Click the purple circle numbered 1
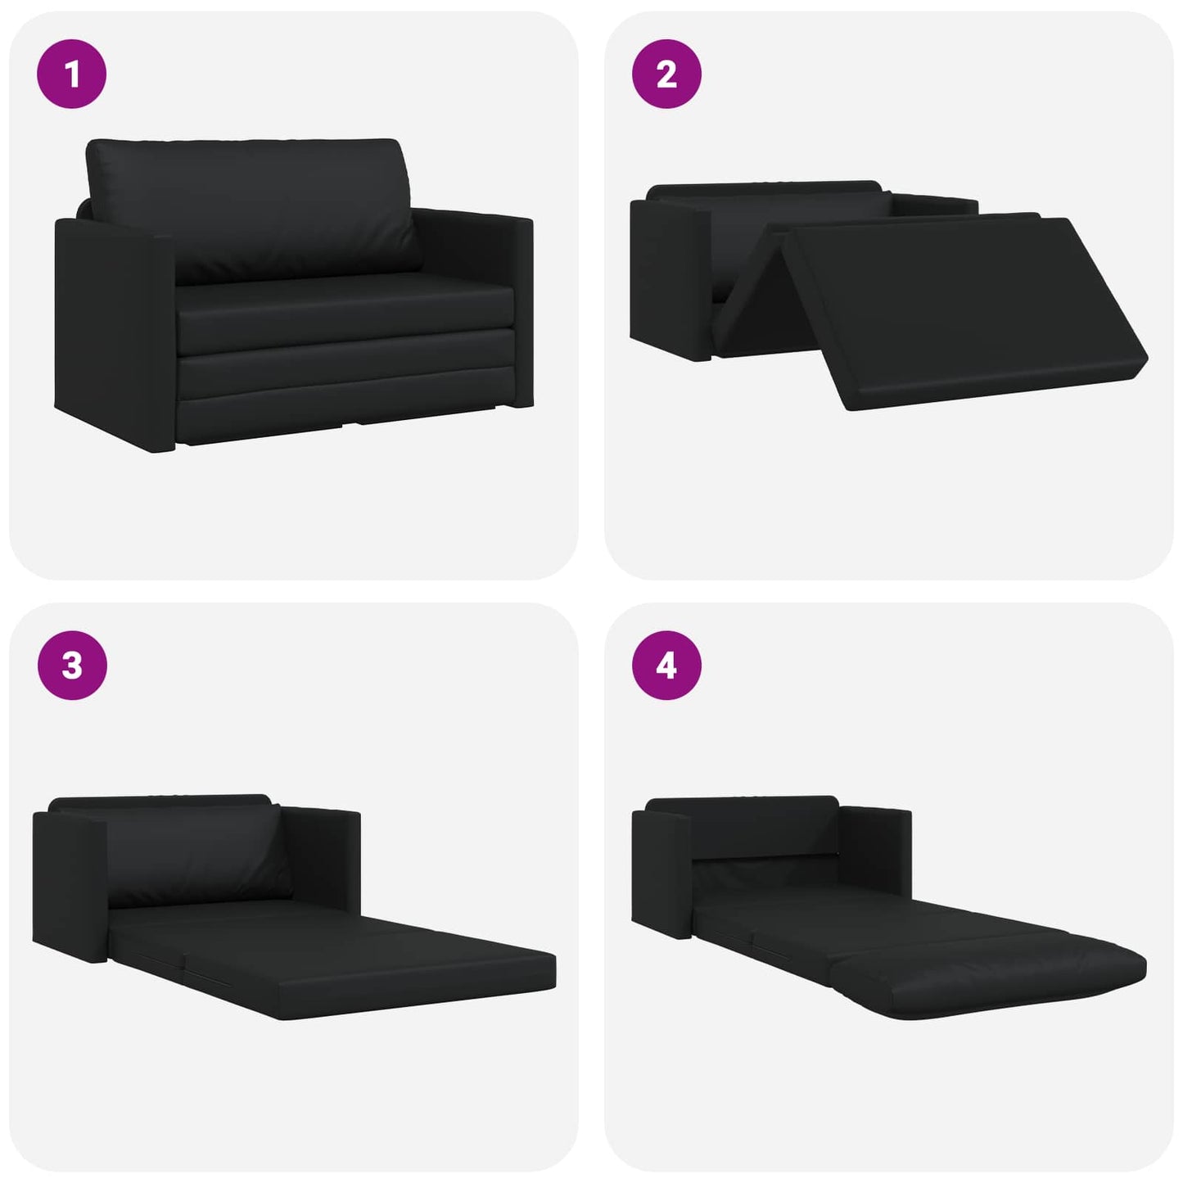pos(72,74)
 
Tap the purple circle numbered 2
pos(666,74)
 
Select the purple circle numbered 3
pos(72,665)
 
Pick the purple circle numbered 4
pos(666,665)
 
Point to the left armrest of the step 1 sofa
pos(115,335)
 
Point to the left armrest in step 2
pos(671,279)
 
